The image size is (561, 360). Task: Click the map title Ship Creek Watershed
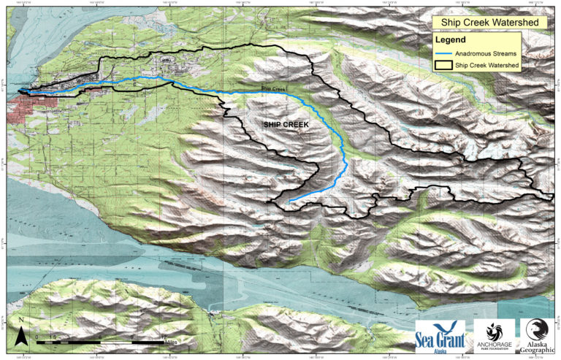489,23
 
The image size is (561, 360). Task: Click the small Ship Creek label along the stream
273,89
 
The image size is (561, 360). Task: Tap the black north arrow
23,337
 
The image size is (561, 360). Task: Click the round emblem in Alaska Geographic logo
537,328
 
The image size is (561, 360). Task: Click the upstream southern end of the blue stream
289,201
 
